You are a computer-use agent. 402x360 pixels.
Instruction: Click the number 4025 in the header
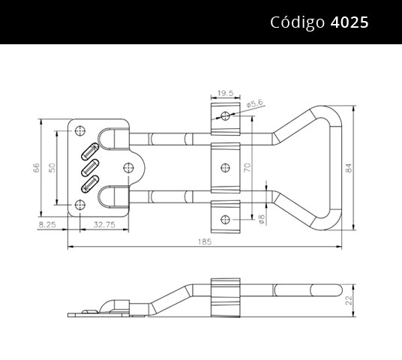click(349, 22)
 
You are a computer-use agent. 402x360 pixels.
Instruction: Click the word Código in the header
click(298, 22)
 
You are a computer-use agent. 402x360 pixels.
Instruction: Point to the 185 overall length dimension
click(205, 241)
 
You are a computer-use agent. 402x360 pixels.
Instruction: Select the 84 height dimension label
click(349, 168)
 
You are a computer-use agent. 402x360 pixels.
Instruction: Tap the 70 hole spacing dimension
click(247, 167)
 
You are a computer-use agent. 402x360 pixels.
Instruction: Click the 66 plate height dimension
click(37, 167)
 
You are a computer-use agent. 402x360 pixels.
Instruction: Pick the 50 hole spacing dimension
click(52, 168)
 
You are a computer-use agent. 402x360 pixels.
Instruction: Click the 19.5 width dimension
click(226, 93)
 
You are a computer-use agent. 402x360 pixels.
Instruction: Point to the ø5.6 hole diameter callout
click(254, 103)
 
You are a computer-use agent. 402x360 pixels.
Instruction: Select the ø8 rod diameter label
click(262, 220)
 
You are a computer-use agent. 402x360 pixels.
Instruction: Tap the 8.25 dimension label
click(47, 224)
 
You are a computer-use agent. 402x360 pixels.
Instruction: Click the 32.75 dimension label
click(104, 224)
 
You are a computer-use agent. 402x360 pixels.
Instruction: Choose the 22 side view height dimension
click(349, 300)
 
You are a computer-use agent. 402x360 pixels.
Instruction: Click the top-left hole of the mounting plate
click(80, 131)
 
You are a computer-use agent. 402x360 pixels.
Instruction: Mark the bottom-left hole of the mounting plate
click(80, 205)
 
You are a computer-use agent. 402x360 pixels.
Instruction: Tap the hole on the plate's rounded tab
click(128, 168)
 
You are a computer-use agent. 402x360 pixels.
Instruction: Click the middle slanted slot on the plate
click(90, 168)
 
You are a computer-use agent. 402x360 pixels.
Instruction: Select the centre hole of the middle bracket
click(225, 168)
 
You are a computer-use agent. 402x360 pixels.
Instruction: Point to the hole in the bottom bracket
click(225, 220)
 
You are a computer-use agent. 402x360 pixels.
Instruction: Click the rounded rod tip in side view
click(339, 290)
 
